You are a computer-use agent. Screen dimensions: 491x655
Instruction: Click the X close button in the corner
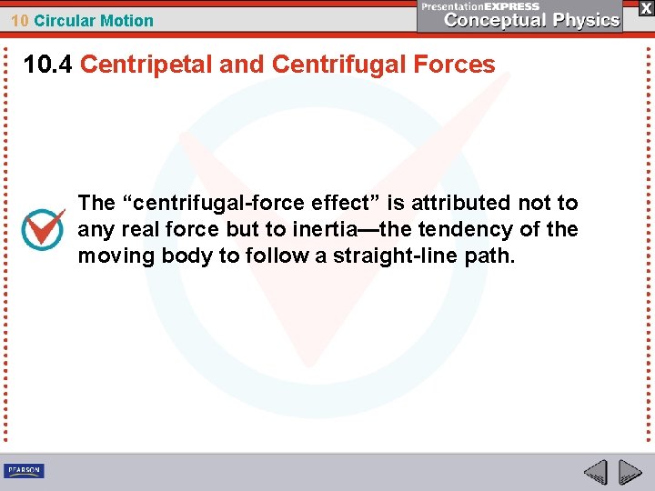(646, 7)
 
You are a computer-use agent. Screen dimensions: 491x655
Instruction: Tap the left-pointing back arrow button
(595, 472)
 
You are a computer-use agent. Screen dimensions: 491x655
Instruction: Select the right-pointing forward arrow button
(630, 472)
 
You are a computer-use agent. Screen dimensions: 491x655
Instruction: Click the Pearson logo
(24, 470)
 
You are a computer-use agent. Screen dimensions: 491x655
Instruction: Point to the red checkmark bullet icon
(43, 229)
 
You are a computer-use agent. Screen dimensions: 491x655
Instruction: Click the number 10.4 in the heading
(48, 65)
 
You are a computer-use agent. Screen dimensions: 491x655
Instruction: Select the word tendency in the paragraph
(459, 229)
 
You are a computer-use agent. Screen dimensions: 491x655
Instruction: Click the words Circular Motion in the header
(94, 21)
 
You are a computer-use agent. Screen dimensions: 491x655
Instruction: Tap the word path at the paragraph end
(493, 256)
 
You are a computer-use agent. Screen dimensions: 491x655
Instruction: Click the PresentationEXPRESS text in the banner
(480, 6)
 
